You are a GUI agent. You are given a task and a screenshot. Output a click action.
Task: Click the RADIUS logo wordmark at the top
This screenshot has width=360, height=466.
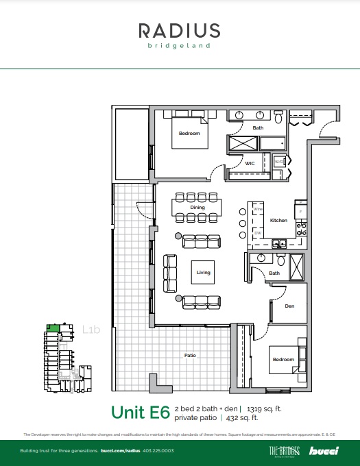coord(180,30)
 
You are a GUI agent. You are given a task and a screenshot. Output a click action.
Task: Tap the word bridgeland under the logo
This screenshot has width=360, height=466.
coord(180,47)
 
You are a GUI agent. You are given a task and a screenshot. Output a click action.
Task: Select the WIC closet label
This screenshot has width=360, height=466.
coord(250,164)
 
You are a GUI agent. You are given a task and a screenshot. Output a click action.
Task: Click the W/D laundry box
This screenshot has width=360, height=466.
coord(279,162)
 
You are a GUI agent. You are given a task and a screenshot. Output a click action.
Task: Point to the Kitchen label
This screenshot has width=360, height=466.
coord(278,221)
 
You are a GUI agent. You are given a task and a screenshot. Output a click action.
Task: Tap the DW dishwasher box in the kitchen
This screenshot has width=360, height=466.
coord(257,233)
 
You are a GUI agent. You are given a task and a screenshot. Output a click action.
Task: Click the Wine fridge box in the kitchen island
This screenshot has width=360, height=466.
coord(257,210)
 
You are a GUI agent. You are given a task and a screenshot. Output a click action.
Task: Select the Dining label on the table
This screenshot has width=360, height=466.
coord(197,206)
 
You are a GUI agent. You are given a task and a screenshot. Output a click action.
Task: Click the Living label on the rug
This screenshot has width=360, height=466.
coord(203,272)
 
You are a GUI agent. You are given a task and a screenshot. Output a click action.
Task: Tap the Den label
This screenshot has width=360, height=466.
coord(289,306)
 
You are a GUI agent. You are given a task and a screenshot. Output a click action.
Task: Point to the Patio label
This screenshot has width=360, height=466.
coord(191,355)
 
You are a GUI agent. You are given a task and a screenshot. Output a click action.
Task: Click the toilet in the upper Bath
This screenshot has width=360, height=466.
coord(278,119)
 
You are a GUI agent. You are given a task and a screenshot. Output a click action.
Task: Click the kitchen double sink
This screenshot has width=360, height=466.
coord(279,243)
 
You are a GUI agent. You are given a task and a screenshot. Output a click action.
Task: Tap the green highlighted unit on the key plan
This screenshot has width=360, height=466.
coord(51,328)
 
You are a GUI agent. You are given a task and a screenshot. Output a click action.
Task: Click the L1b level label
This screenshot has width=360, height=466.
coord(91,330)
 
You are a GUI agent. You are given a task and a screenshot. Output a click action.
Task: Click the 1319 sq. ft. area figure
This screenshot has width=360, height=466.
coord(265,408)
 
